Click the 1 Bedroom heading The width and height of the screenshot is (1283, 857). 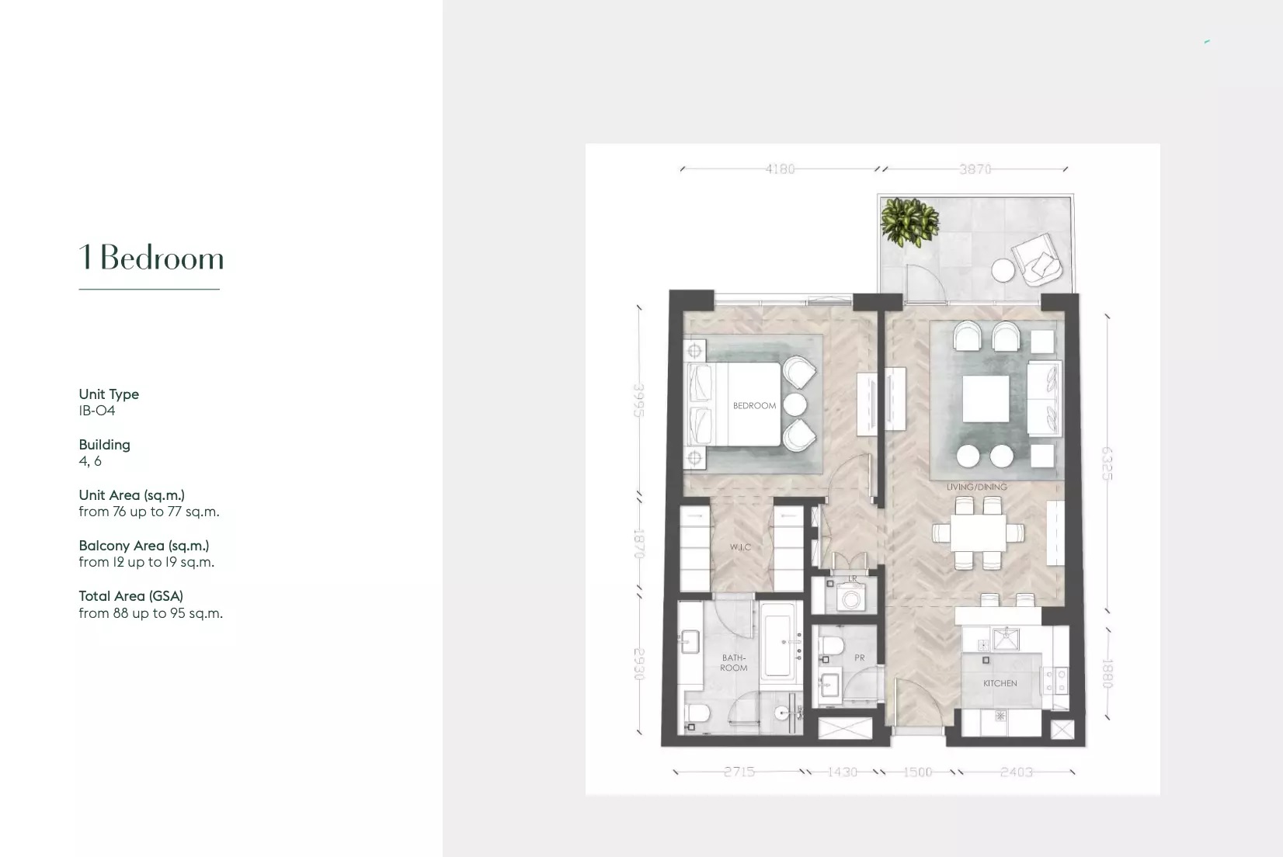tap(151, 258)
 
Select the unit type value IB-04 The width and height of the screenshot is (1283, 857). tap(97, 411)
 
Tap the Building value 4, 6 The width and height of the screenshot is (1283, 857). tap(90, 461)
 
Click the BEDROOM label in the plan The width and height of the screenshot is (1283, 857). tap(754, 406)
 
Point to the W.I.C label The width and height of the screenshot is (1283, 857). tap(740, 547)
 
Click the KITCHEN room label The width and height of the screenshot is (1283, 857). tap(1000, 684)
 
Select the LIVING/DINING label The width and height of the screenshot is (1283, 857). tap(976, 487)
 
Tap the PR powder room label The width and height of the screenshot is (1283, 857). tap(859, 657)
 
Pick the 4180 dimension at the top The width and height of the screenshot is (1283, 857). tap(780, 169)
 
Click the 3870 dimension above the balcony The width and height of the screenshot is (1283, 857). tap(975, 169)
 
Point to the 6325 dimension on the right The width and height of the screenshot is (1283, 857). tap(1107, 463)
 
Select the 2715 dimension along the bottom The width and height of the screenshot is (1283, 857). tap(739, 772)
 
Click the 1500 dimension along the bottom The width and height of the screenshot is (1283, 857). tap(917, 772)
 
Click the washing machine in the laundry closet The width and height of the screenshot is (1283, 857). tap(851, 599)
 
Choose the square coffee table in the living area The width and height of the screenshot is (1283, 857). tap(986, 399)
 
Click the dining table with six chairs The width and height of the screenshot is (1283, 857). tap(977, 533)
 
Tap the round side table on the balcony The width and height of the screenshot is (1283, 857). tap(1003, 270)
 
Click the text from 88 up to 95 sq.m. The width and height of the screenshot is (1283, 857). tap(151, 613)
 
